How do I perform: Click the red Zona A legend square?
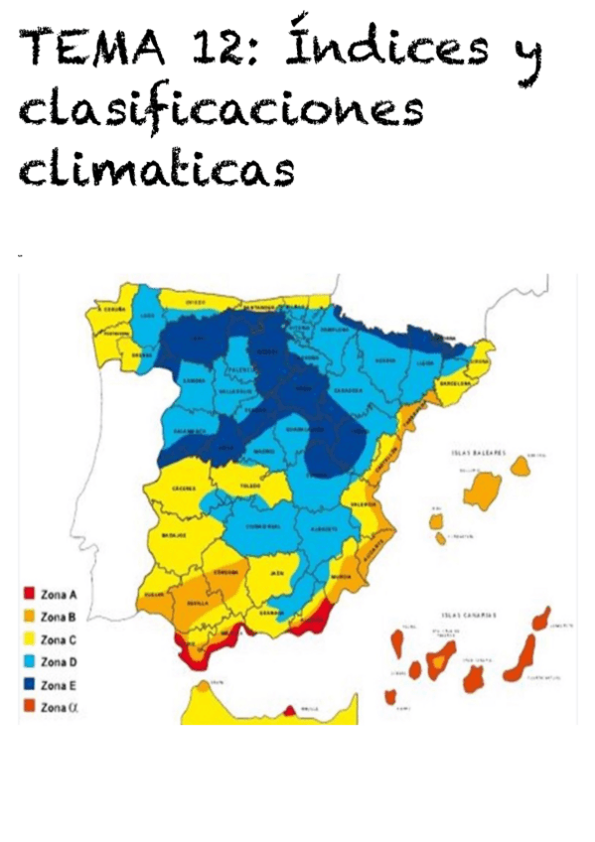click(x=30, y=595)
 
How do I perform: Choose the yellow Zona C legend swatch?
click(x=30, y=639)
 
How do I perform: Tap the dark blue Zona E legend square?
click(x=30, y=685)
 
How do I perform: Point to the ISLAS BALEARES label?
click(x=472, y=453)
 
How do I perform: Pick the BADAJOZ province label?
click(x=170, y=535)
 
